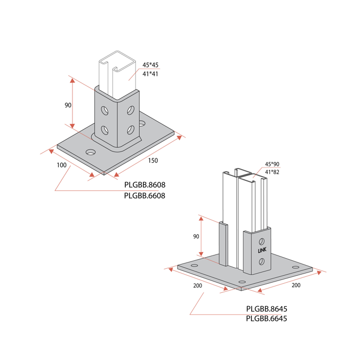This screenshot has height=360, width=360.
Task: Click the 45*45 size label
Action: click(150, 65)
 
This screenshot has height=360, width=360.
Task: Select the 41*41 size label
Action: click(150, 74)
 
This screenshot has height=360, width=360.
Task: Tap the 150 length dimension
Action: click(153, 161)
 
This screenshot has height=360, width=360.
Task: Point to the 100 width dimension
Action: click(61, 165)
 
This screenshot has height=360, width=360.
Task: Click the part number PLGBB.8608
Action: click(144, 185)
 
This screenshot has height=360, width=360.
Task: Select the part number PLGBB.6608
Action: click(144, 196)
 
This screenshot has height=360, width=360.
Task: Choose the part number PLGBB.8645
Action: click(267, 309)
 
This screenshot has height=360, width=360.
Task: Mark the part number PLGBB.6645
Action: click(267, 319)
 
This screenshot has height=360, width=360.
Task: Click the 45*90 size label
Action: click(272, 164)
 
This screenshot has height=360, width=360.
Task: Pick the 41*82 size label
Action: click(272, 172)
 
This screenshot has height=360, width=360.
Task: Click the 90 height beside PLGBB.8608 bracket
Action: click(68, 106)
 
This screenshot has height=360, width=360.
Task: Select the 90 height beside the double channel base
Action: click(196, 236)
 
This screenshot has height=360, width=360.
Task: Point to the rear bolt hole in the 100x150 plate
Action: click(142, 124)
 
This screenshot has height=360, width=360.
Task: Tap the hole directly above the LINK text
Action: click(261, 237)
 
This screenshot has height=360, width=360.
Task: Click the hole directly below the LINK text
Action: click(261, 261)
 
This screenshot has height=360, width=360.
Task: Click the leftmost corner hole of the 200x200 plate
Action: click(194, 265)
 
